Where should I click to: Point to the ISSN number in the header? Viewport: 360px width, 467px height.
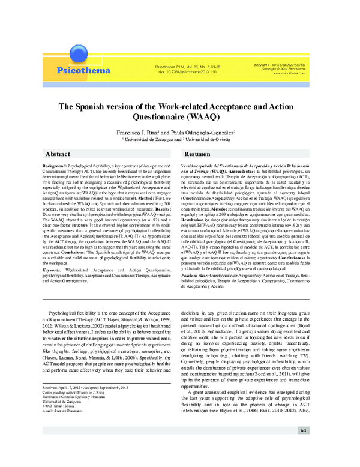click(x=280, y=64)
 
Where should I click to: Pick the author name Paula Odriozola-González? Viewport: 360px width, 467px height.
click(x=205, y=131)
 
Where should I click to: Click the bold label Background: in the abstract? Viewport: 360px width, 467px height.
click(x=54, y=164)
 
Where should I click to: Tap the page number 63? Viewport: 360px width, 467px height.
click(x=304, y=431)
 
